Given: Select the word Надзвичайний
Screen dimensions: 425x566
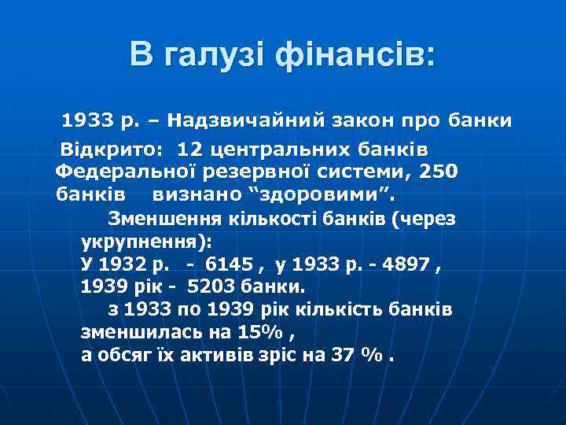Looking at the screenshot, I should [247, 122].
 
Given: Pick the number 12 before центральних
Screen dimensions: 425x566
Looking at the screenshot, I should [189, 150].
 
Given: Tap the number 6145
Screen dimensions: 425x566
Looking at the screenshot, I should [228, 262].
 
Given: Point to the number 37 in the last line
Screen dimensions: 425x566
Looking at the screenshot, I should [341, 354].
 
